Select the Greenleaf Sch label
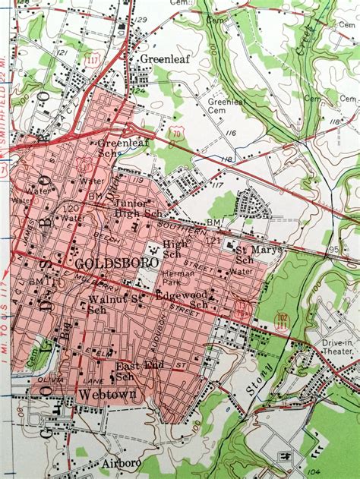[118, 147]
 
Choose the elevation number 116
[232, 133]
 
